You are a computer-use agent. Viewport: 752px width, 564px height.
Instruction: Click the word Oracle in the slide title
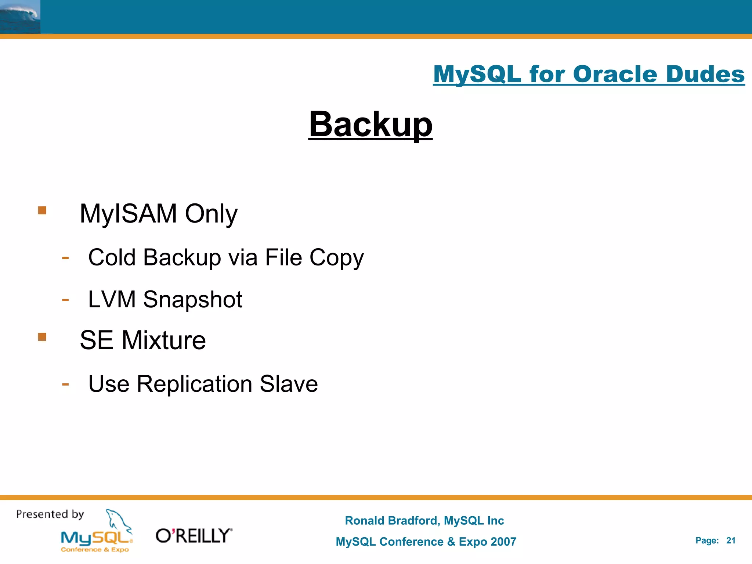[x=615, y=74]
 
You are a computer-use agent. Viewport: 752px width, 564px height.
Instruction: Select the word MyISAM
[x=128, y=213]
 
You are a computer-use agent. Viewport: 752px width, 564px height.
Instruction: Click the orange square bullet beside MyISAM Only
[x=42, y=210]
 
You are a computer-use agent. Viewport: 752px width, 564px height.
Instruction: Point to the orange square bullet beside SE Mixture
[x=42, y=337]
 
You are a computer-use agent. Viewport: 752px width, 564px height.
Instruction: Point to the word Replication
[x=194, y=384]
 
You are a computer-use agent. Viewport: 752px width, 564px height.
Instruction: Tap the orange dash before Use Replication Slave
[x=65, y=384]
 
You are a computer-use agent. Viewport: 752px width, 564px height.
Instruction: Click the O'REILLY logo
[x=194, y=536]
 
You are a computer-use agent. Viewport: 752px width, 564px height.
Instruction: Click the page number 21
[x=731, y=540]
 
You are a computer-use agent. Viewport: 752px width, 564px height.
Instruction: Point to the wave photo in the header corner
[x=20, y=17]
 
